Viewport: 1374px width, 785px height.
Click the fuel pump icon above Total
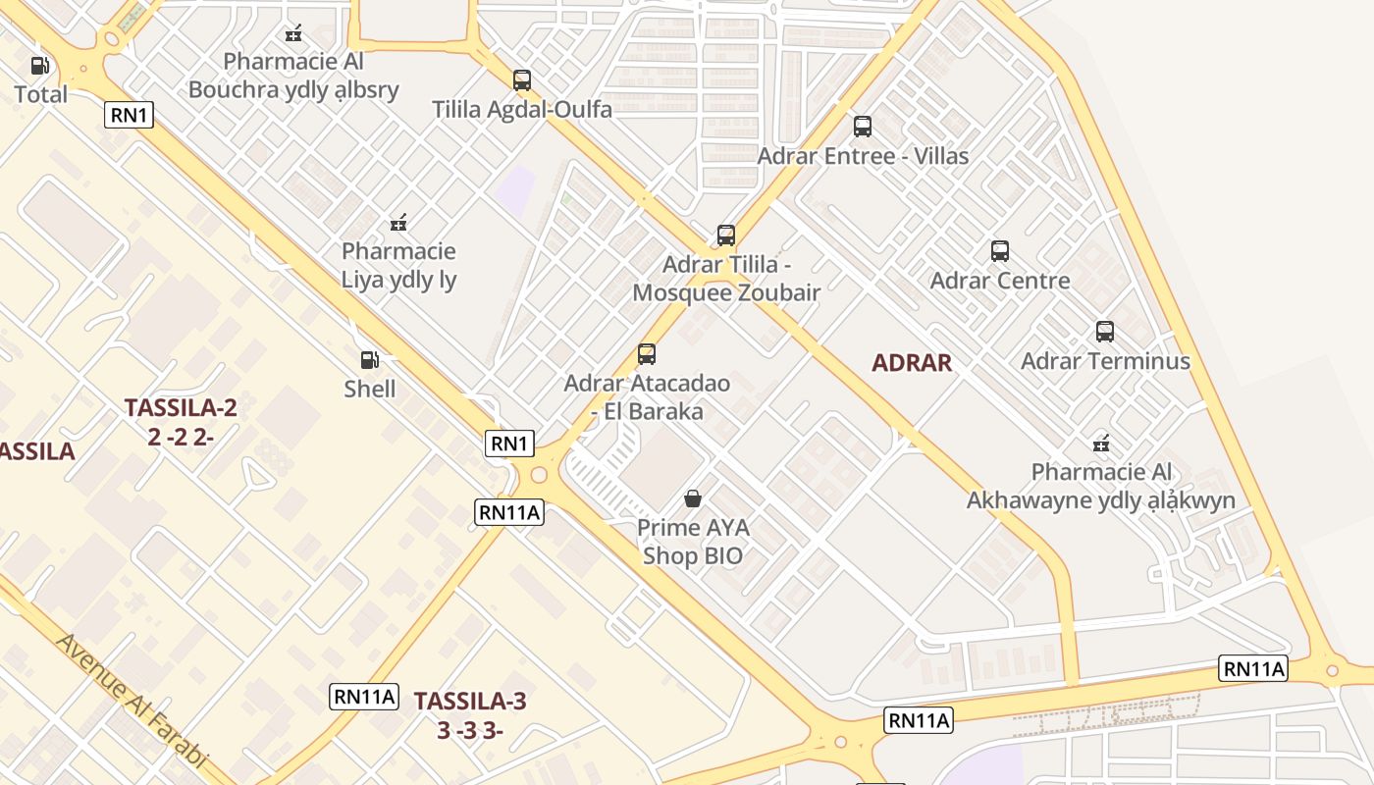coord(39,66)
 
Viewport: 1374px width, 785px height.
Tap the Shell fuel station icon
coord(369,360)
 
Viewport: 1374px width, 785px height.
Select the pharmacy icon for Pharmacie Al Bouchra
coord(293,34)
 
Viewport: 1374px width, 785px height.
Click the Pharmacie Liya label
coord(398,265)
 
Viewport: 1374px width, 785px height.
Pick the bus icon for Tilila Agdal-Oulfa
coord(522,80)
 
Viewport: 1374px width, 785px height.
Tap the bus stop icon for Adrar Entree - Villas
coord(863,127)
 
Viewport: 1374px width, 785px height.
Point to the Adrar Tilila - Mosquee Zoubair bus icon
coord(726,235)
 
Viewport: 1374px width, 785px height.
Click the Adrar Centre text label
coord(1000,281)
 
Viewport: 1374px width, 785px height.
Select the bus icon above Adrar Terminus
coord(1105,332)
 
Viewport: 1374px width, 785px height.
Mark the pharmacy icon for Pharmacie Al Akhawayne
coord(1101,444)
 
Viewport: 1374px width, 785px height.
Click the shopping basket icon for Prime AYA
coord(693,498)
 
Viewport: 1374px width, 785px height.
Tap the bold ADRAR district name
coord(912,363)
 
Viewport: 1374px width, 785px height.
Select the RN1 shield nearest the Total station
coord(130,115)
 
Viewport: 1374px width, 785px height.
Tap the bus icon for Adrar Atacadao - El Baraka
coord(647,354)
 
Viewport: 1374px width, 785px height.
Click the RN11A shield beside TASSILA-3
coord(364,697)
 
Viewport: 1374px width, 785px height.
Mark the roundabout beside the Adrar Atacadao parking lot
coord(538,476)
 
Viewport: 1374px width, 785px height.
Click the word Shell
coord(370,390)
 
